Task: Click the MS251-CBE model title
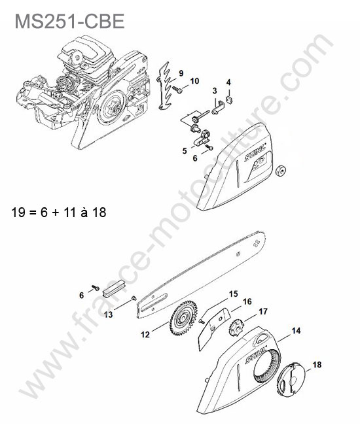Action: click(x=70, y=21)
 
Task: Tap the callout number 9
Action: click(x=181, y=73)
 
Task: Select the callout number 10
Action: click(x=194, y=81)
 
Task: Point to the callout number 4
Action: click(x=228, y=82)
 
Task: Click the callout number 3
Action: click(x=215, y=91)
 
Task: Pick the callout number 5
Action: click(x=185, y=150)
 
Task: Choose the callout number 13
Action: click(x=108, y=314)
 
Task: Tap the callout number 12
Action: click(x=145, y=335)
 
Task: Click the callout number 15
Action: click(x=233, y=294)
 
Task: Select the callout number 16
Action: click(x=247, y=301)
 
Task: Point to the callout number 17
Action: click(x=263, y=311)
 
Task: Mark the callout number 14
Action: click(x=296, y=331)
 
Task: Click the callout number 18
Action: click(x=317, y=365)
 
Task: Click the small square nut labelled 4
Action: click(x=230, y=99)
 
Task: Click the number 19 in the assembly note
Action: click(x=18, y=212)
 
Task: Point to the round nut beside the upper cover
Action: click(x=281, y=171)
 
